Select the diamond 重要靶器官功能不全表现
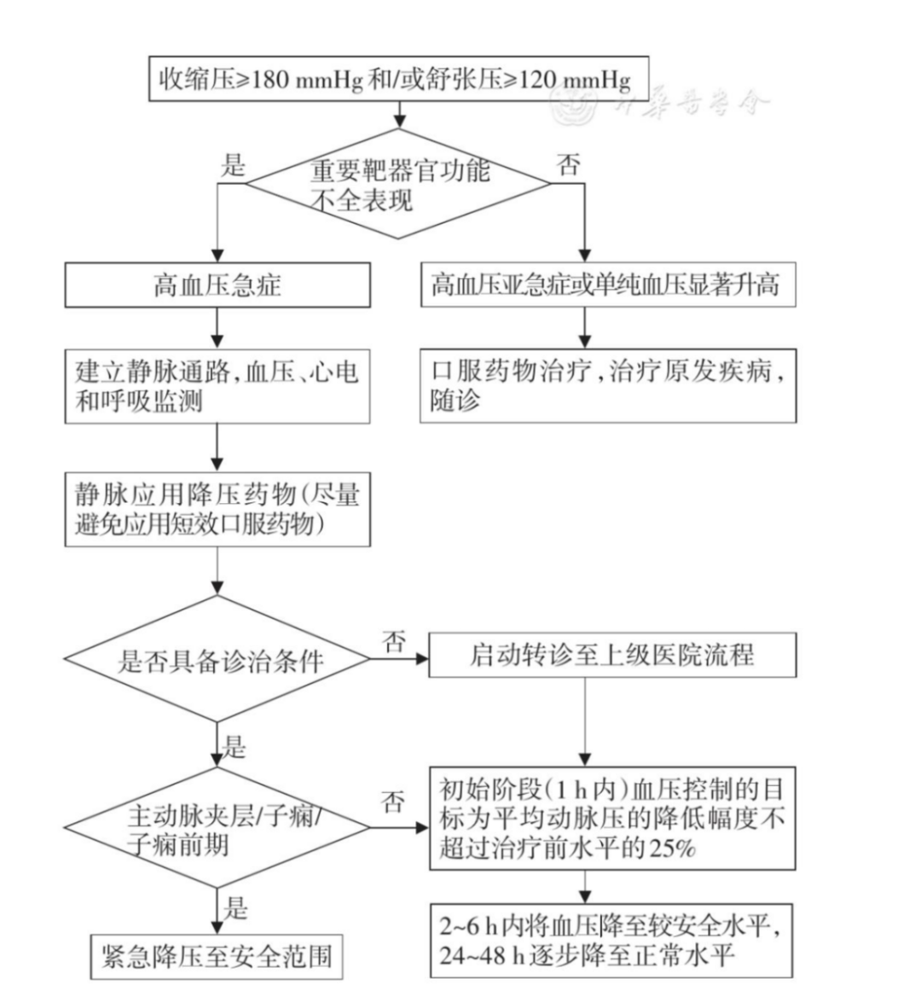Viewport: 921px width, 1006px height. click(x=399, y=184)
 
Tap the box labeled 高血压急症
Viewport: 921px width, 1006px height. click(x=217, y=285)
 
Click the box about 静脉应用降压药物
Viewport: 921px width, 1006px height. click(x=217, y=508)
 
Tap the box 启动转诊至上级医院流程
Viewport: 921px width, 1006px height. click(x=611, y=656)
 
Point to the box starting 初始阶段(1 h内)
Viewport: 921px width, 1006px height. click(x=611, y=818)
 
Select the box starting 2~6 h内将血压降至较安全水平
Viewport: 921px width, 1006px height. click(x=611, y=940)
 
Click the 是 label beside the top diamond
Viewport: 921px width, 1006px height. click(x=232, y=165)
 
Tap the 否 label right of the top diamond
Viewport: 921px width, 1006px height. click(x=569, y=165)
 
